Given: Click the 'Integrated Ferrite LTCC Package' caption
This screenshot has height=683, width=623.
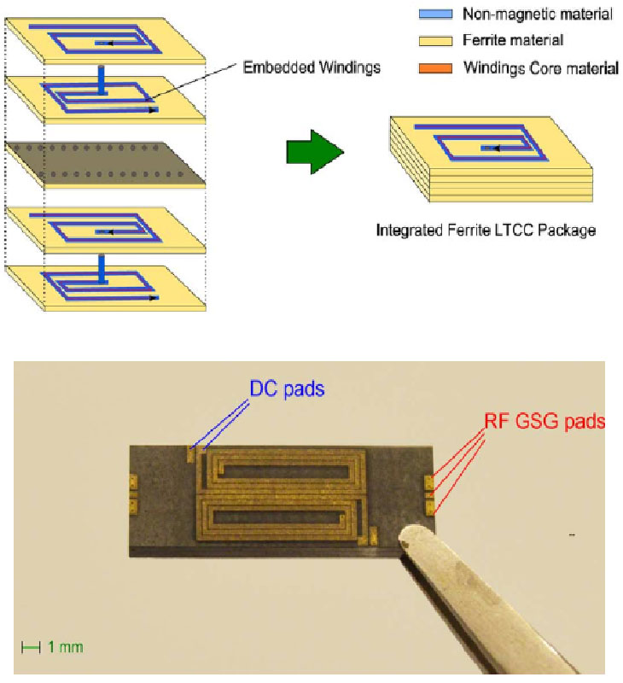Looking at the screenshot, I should point(486,231).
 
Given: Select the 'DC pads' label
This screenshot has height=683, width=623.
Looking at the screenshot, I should point(288,388).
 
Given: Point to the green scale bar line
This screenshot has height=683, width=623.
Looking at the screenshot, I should point(31,647).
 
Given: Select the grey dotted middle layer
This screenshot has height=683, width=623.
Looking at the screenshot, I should point(102,161).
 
